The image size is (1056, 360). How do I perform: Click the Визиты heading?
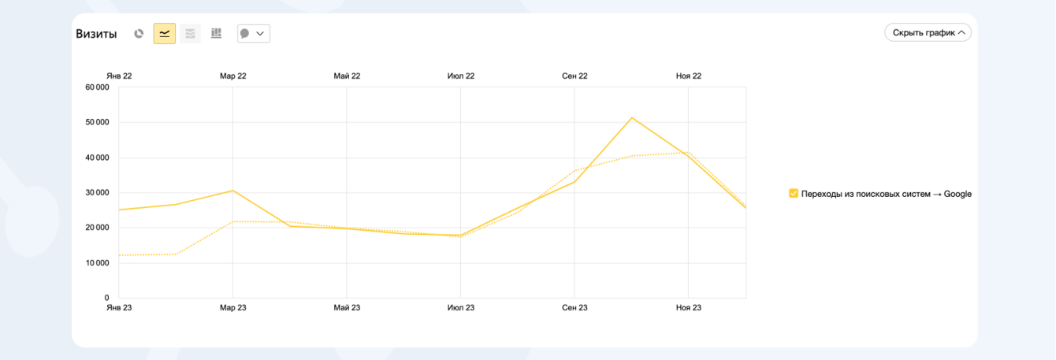point(96,34)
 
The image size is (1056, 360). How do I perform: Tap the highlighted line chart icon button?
point(165,34)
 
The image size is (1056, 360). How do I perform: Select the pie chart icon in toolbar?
point(139,34)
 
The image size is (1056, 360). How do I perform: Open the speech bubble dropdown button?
point(254,34)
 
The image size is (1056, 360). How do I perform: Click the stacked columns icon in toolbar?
point(216,34)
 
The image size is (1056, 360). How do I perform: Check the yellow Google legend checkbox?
point(794,194)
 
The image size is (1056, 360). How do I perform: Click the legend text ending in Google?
point(886,194)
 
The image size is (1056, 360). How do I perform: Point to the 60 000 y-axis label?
point(97,87)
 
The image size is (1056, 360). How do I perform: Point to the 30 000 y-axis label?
point(97,193)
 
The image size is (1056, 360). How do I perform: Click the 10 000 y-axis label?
point(97,263)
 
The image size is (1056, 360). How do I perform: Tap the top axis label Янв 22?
point(119,76)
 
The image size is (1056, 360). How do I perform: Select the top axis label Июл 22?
point(461,76)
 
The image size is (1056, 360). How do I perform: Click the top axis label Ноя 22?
point(689,76)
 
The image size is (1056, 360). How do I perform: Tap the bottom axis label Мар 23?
point(232,308)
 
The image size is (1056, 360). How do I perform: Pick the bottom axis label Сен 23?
point(574,308)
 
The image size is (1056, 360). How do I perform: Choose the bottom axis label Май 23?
point(347,308)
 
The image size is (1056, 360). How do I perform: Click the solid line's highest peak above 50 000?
point(632,118)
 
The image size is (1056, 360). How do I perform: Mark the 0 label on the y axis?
point(106,298)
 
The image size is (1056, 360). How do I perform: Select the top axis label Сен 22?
point(574,76)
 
